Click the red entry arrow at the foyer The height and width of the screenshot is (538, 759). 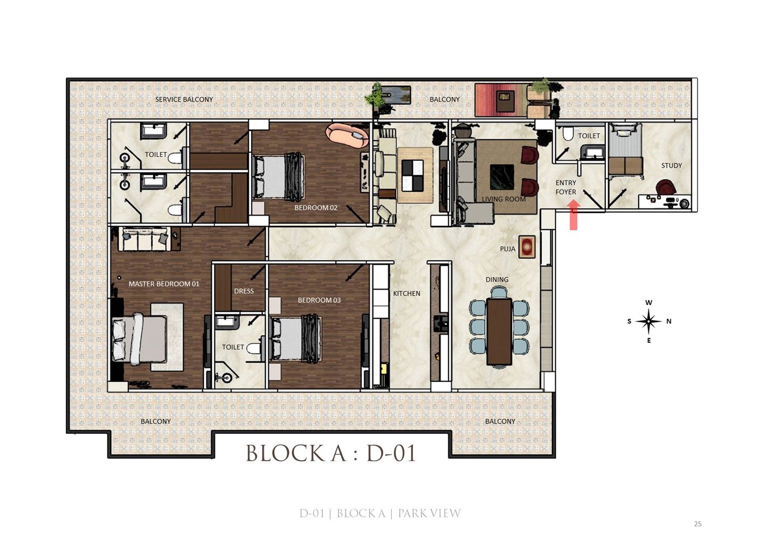coord(573,215)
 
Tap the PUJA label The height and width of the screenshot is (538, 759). coord(508,249)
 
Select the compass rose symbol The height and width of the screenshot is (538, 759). coord(648,321)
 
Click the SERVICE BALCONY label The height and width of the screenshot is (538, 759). coord(184,100)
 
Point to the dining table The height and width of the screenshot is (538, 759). coord(499,332)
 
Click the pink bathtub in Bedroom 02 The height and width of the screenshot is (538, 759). coord(347,136)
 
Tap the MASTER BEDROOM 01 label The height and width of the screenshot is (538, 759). coord(164,284)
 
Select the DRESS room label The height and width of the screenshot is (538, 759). coord(244,291)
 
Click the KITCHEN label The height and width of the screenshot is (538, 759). coord(407,293)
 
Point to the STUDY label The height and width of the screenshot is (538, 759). coord(672,165)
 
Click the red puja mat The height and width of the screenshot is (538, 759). coord(527,246)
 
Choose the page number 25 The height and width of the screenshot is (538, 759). coord(698,524)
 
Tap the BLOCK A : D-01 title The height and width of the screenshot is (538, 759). coord(331,453)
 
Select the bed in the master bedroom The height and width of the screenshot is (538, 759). coord(139,339)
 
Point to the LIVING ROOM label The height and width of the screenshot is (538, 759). coord(504,199)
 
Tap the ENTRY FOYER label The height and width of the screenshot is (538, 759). coord(566,187)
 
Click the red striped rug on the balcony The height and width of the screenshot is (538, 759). coord(501,100)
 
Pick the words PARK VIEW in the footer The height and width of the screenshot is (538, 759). coord(430,514)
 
